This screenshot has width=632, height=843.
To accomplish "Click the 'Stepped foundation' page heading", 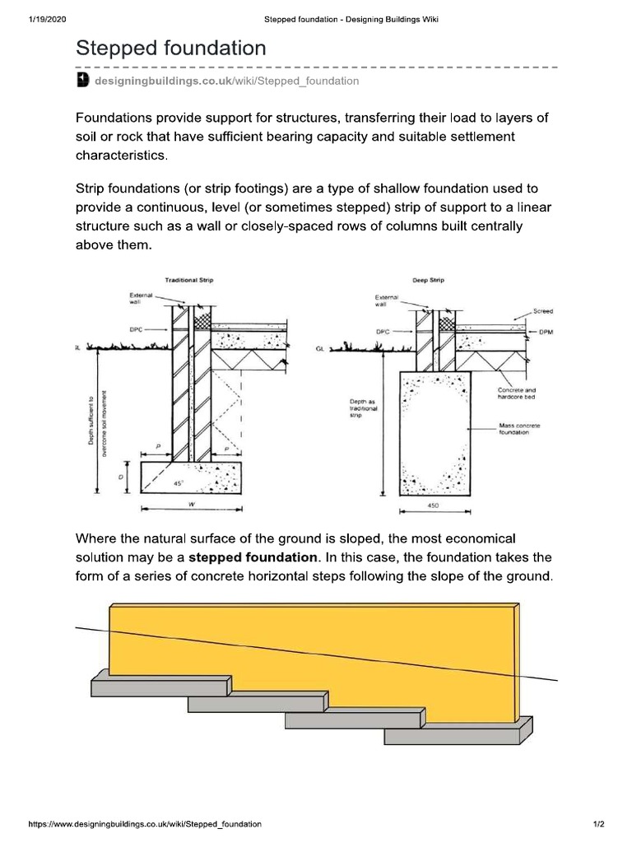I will (x=171, y=49).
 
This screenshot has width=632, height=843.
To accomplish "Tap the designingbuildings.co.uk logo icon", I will (x=82, y=81).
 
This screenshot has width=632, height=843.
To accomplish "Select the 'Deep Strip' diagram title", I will (x=428, y=281).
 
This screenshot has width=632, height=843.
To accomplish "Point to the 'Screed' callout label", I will (x=542, y=312).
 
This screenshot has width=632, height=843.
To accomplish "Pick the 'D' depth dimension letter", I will (x=121, y=477).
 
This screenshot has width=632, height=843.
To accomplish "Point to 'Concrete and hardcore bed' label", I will (x=518, y=394).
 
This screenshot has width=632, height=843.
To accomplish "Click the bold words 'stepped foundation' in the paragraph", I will (x=252, y=557).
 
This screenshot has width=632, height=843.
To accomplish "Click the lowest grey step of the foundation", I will (x=458, y=733).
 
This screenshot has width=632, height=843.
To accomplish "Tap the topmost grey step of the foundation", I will (x=160, y=686).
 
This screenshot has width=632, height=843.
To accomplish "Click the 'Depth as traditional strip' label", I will (x=361, y=408).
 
